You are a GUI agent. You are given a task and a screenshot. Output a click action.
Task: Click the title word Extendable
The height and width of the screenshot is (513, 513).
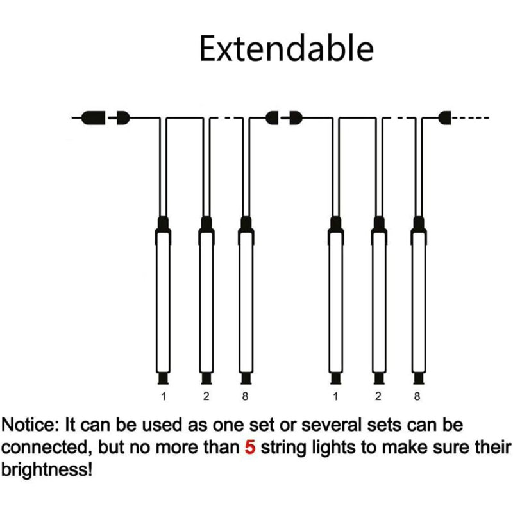(x=286, y=49)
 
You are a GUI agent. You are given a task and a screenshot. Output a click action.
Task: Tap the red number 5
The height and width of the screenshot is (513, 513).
(x=250, y=447)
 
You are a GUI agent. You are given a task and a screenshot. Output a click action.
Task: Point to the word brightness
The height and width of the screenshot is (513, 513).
(x=47, y=470)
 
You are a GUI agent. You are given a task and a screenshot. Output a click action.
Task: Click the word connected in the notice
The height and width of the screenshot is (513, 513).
(x=46, y=447)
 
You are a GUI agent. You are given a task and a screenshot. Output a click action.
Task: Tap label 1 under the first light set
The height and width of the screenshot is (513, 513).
(x=164, y=396)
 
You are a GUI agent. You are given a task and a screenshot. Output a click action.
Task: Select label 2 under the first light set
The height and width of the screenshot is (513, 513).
(x=206, y=396)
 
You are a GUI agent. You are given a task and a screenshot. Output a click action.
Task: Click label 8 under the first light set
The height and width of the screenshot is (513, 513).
(x=245, y=396)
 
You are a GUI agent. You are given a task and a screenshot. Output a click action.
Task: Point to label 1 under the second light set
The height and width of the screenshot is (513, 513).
(x=335, y=396)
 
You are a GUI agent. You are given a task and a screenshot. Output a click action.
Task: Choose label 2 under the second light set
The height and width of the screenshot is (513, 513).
(x=378, y=396)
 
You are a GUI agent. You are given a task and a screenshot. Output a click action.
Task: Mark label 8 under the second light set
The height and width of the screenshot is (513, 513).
(x=417, y=396)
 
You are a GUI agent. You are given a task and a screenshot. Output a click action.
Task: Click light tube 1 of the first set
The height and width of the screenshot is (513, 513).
(x=163, y=300)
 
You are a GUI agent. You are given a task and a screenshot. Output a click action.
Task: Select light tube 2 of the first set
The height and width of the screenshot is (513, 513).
(x=206, y=300)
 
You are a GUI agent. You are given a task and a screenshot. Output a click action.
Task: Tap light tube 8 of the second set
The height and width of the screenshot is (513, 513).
(x=419, y=300)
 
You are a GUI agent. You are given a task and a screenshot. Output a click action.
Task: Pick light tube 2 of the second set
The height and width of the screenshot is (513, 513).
(x=379, y=300)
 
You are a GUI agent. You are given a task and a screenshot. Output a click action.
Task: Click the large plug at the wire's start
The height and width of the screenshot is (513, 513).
(x=94, y=118)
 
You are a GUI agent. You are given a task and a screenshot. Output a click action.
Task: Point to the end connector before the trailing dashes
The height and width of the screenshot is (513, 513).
(x=445, y=118)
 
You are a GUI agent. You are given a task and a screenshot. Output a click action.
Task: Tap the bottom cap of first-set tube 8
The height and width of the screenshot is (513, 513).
(x=246, y=378)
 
